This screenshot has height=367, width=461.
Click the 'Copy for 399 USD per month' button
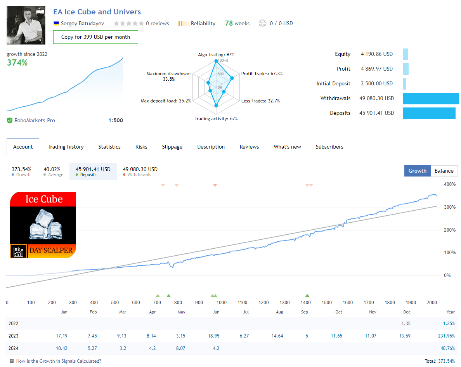pos(95,37)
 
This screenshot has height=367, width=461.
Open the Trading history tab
pos(66,147)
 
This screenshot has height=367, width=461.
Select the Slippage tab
pos(172,147)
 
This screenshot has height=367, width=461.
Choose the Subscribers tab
pos(329,147)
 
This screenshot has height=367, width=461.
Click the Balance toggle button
pos(444,171)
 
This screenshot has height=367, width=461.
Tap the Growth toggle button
pos(417,171)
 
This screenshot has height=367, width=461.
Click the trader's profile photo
pos(26,25)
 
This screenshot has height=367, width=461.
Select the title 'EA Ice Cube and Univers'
pos(97,12)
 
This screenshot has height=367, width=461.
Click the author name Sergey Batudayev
pos(82,23)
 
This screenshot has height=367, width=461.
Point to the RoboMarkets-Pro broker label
pos(35,121)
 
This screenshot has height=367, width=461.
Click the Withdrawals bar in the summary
pos(431,99)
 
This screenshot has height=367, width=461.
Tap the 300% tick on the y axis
pos(450,207)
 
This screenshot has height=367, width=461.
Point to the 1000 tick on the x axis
pos(221,303)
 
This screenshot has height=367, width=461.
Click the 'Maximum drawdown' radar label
pos(168,73)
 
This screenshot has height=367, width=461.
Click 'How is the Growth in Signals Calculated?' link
pos(58,361)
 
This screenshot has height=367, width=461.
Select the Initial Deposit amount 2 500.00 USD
pos(376,84)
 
